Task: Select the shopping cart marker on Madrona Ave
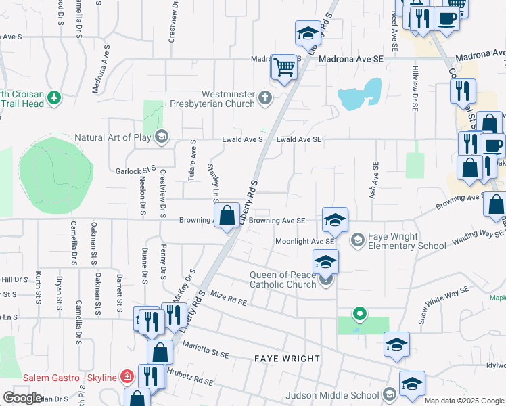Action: (x=285, y=66)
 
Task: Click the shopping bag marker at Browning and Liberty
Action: (x=228, y=215)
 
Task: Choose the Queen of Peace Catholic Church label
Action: (x=283, y=279)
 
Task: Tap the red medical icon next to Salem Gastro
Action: (x=127, y=376)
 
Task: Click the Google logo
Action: (x=22, y=398)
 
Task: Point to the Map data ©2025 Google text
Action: (x=465, y=401)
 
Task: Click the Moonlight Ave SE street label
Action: (x=304, y=241)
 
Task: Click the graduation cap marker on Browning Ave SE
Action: (x=335, y=219)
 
